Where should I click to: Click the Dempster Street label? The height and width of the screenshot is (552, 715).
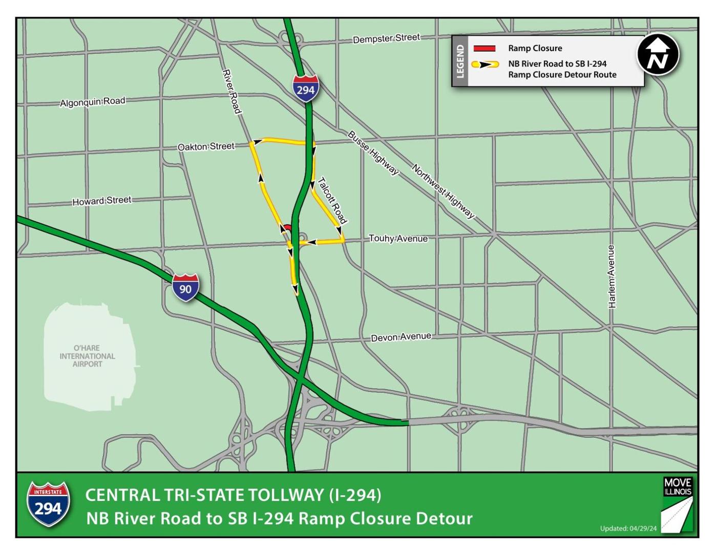(386, 38)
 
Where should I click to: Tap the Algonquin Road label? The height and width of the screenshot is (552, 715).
(92, 102)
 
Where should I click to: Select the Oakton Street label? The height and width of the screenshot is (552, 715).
(206, 147)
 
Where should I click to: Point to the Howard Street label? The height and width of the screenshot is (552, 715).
(101, 201)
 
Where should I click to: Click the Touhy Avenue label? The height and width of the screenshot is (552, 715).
(398, 239)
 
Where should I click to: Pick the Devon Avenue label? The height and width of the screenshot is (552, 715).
(401, 337)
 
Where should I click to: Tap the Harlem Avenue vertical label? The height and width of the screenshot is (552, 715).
(612, 277)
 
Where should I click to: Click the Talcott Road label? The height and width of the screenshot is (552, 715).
(332, 200)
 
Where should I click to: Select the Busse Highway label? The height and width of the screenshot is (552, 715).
(373, 153)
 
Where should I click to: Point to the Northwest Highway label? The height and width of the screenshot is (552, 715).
(444, 191)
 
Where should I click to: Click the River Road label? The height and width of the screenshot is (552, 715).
(232, 92)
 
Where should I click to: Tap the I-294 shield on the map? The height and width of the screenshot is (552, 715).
(306, 88)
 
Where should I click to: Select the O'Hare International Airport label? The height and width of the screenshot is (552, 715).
(87, 356)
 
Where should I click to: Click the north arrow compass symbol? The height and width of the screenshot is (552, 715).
(658, 55)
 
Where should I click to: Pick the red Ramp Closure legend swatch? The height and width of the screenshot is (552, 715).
(484, 49)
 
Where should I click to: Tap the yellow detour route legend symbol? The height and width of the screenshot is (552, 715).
(485, 65)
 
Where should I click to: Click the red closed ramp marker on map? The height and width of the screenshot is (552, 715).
(287, 227)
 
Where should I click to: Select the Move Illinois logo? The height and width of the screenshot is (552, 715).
(677, 504)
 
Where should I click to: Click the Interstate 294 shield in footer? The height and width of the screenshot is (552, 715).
(48, 504)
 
